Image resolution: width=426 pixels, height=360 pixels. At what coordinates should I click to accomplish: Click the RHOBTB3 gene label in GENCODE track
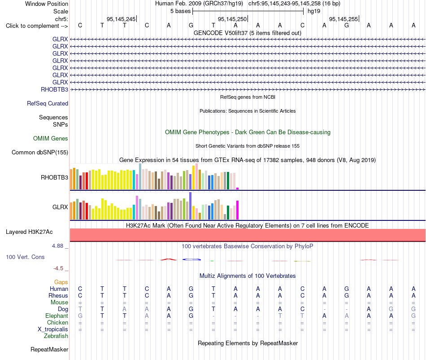coord(54,89)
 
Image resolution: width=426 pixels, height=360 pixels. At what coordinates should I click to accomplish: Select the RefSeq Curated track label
coord(48,103)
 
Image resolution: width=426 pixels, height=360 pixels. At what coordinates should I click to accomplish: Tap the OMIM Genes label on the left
coord(51,138)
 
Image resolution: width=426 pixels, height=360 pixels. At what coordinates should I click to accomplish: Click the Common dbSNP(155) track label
coord(40,152)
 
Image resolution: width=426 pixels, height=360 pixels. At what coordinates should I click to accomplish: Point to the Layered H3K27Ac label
coord(29,232)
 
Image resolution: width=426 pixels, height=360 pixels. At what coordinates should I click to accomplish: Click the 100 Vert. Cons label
coord(25,257)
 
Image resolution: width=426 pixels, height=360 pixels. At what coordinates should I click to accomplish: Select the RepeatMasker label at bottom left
coord(49,349)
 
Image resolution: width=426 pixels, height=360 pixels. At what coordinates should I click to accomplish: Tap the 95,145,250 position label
coord(232,19)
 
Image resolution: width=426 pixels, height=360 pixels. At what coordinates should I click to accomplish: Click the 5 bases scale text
coord(180,11)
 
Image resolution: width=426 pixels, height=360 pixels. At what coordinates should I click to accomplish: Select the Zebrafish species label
coord(56,336)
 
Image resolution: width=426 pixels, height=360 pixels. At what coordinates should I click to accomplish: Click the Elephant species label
coord(57,316)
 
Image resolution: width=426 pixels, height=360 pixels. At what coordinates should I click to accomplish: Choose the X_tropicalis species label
coord(53,329)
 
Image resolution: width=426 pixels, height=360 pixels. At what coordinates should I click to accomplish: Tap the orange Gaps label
coord(61,282)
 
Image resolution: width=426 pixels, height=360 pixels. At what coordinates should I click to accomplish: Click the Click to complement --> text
coord(37,26)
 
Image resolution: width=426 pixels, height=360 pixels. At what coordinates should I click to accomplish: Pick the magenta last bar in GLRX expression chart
coord(238,210)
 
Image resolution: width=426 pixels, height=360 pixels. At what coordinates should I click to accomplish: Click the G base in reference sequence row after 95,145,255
coord(347,25)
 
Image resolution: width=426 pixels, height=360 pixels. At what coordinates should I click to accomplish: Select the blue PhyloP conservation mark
coord(191,259)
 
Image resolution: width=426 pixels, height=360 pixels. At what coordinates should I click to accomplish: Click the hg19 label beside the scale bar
coord(314,11)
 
